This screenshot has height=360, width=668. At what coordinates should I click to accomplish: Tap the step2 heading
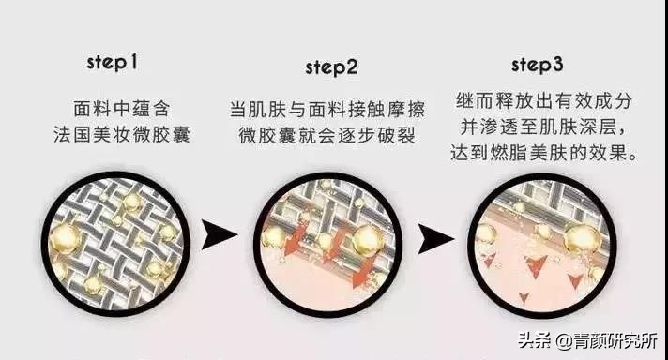click(331, 67)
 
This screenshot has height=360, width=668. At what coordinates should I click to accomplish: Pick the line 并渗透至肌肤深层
click(535, 126)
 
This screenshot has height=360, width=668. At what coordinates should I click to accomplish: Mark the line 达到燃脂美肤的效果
click(537, 152)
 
